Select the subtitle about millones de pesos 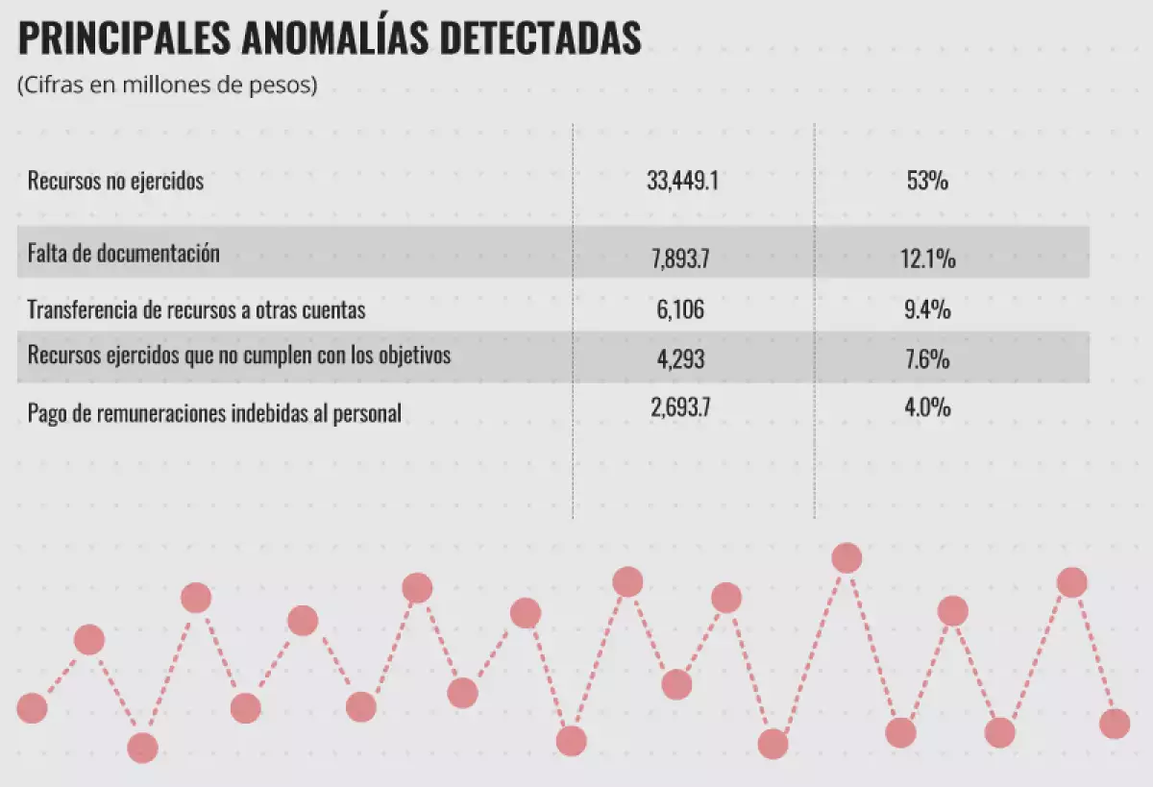(x=167, y=85)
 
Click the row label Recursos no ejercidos (x=115, y=181)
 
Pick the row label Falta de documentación (x=124, y=254)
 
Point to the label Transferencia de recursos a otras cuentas (x=196, y=310)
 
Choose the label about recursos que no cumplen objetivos (x=239, y=356)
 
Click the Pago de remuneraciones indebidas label (x=214, y=414)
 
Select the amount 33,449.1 (x=682, y=181)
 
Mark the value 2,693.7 (x=681, y=407)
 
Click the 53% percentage (x=927, y=181)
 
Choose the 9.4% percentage (x=927, y=310)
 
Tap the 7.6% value (x=927, y=360)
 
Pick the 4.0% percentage (x=927, y=407)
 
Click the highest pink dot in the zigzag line (x=846, y=558)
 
